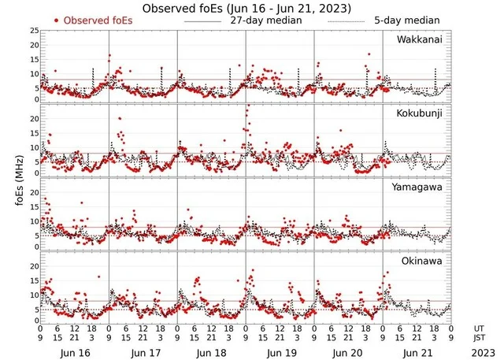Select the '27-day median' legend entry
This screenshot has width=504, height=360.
(x=265, y=19)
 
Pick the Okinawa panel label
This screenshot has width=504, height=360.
(x=424, y=259)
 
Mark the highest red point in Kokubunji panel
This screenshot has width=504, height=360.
(x=248, y=106)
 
